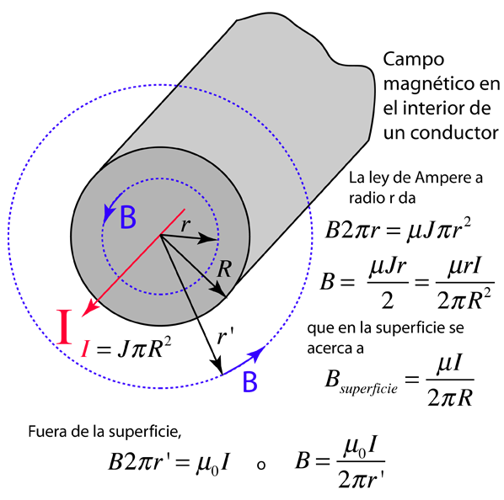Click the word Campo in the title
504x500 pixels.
[414, 61]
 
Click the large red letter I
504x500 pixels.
[64, 327]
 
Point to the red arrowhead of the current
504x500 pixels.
[90, 308]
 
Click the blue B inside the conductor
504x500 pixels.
[128, 217]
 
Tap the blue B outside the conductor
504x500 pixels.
[249, 381]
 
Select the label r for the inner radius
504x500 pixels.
[185, 225]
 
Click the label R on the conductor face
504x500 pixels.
[224, 269]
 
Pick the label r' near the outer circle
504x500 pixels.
[225, 337]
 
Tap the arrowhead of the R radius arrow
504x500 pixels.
[218, 290]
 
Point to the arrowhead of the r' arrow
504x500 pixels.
[217, 366]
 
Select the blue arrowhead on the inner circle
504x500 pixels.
[109, 214]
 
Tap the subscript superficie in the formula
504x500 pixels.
[368, 389]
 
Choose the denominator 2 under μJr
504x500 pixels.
[388, 301]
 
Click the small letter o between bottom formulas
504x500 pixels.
[261, 465]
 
